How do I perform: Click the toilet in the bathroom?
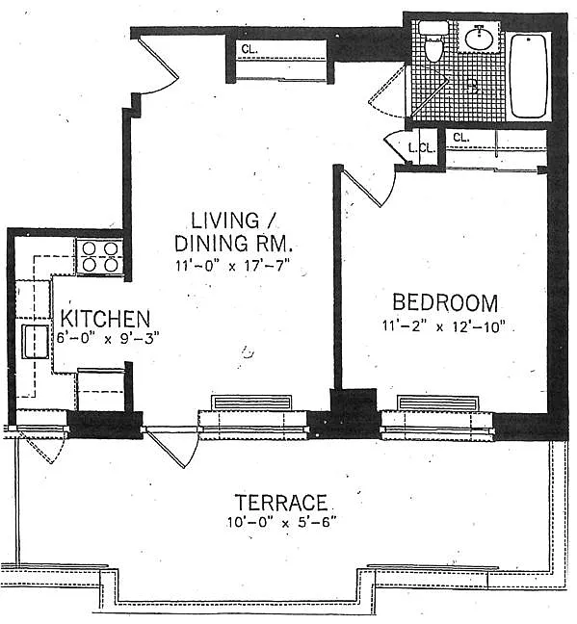[433, 42]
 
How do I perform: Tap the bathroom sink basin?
[480, 38]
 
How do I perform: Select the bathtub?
[529, 76]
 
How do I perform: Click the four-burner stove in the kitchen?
[99, 257]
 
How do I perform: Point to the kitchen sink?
[35, 342]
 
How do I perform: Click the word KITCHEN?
[106, 319]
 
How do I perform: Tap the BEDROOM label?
[445, 302]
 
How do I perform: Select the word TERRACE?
[281, 503]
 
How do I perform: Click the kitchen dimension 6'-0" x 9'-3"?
[108, 339]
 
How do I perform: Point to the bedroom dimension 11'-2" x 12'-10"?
[444, 326]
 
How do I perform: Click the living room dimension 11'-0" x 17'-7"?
[232, 266]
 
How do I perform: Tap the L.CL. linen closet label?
[422, 148]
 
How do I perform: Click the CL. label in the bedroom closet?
[461, 138]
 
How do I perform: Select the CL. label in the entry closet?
[249, 50]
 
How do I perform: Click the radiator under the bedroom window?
[438, 403]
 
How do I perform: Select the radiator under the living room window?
[253, 403]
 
